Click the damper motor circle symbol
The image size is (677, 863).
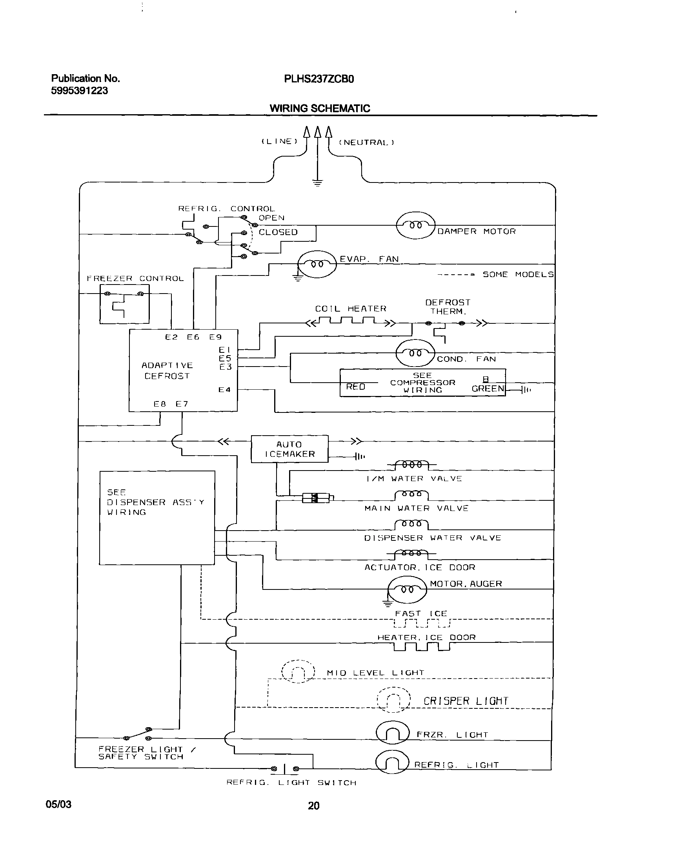[416, 225]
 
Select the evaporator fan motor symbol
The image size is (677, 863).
[317, 264]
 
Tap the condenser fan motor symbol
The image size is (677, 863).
[415, 353]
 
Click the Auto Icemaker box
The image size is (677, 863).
[290, 449]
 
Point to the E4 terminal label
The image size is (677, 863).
[224, 390]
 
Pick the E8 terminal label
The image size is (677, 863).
[160, 404]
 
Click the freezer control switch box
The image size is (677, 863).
[124, 308]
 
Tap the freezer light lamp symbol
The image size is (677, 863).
[392, 734]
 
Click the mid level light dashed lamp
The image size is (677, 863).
[298, 671]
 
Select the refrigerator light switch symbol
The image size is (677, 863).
[285, 769]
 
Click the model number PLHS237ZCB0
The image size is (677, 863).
[318, 79]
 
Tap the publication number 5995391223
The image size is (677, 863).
[79, 91]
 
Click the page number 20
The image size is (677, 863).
[313, 806]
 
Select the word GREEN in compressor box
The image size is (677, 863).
[488, 389]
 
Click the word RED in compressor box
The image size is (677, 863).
[355, 387]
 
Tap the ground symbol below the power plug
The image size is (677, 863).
[317, 183]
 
